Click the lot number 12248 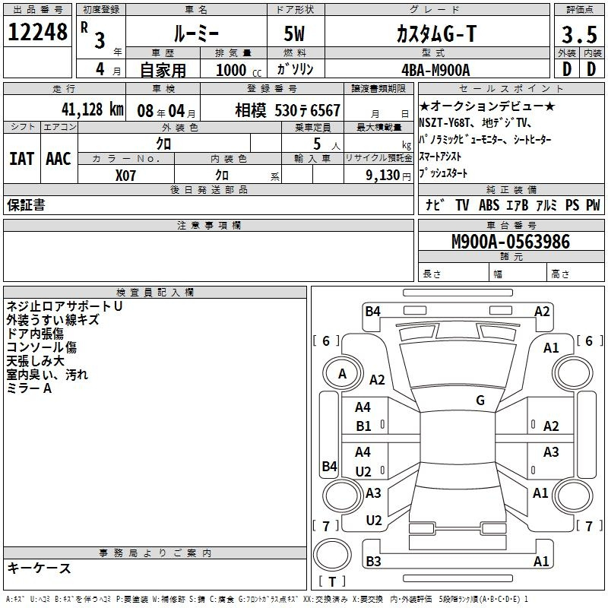click(x=37, y=32)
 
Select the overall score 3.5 click(x=579, y=34)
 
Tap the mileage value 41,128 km click(x=93, y=109)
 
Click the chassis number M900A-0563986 click(x=511, y=242)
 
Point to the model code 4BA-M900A click(x=435, y=70)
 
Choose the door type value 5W click(x=294, y=33)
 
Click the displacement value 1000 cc click(x=239, y=70)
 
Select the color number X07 click(x=125, y=176)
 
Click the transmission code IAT click(x=22, y=159)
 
